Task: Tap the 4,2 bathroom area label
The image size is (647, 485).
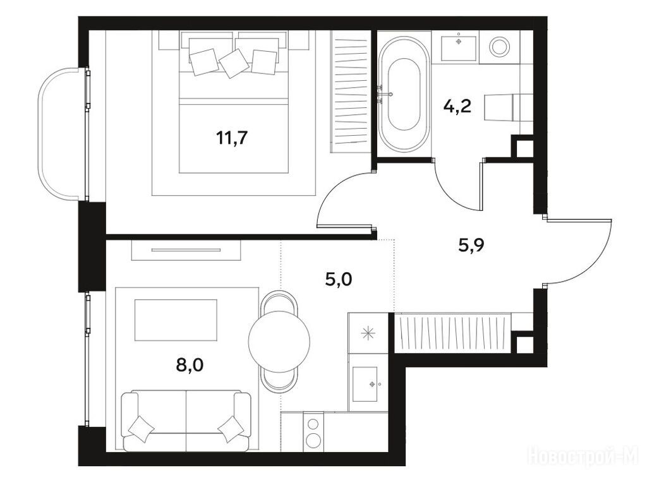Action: (x=457, y=107)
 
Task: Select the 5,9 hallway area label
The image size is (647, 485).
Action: (x=471, y=246)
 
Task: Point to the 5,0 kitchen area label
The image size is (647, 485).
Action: (x=339, y=280)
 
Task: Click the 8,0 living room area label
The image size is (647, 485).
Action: (x=190, y=364)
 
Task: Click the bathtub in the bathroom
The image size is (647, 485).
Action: (x=404, y=93)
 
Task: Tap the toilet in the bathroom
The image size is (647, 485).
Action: (x=507, y=107)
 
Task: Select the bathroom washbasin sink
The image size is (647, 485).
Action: (x=459, y=48)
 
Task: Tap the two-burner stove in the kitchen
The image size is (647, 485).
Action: (x=313, y=432)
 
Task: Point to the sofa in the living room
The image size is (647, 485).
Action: (x=186, y=421)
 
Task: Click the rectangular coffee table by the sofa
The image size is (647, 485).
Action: (x=176, y=320)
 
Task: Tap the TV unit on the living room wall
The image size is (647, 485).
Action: (x=186, y=249)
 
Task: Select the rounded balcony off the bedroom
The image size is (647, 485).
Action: (x=62, y=133)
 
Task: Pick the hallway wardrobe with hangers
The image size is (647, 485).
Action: (x=452, y=333)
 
